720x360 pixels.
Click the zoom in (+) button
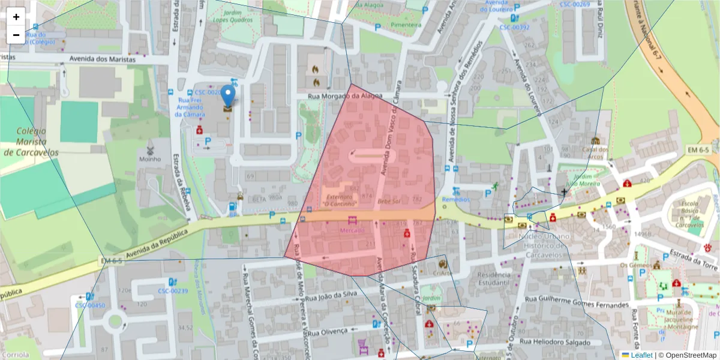[x=16, y=17]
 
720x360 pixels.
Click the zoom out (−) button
[x=16, y=35]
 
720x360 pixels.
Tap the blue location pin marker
[x=228, y=96]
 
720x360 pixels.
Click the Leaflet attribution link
[x=641, y=355]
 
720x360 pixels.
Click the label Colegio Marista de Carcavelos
[x=31, y=141]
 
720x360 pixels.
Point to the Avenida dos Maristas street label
[x=103, y=59]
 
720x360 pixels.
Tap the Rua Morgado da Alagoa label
[x=345, y=96]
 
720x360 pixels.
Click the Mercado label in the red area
[x=352, y=230]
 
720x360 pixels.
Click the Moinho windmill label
[x=150, y=159]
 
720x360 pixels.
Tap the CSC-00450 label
[x=89, y=305]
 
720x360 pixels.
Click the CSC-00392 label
[x=514, y=28]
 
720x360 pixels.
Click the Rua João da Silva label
[x=332, y=296]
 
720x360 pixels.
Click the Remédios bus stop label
[x=456, y=199]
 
